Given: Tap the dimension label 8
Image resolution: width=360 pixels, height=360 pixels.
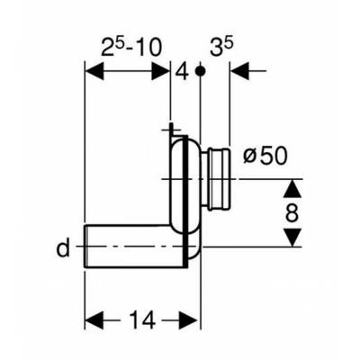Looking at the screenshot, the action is coord(292,212).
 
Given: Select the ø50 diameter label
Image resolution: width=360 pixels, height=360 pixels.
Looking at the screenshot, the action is coord(265,156).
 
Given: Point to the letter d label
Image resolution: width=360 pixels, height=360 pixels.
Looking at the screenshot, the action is coord(63,247).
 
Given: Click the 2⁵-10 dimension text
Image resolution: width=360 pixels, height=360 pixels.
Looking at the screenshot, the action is coord(131,48).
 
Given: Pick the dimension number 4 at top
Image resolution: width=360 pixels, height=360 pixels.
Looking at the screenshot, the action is coord(182,71).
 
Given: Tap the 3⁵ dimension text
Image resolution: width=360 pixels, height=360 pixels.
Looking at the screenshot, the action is coord(221,48).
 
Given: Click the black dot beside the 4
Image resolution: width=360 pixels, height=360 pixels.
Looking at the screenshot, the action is coord(200,71).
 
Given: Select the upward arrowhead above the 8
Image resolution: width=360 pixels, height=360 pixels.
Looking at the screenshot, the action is coord(292,189).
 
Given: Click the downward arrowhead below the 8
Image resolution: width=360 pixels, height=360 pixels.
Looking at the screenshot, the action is coord(292,238).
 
